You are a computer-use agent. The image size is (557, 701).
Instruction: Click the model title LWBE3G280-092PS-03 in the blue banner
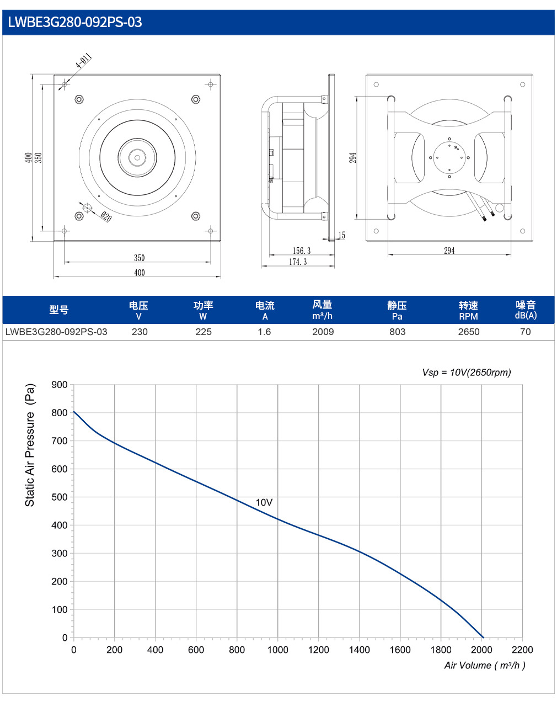(x=75, y=22)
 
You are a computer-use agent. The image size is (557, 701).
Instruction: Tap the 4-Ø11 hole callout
(x=84, y=60)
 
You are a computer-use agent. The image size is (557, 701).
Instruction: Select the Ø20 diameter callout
(x=106, y=216)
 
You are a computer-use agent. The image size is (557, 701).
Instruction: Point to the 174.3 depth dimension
(x=298, y=262)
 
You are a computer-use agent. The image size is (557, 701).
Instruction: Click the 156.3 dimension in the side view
(x=302, y=251)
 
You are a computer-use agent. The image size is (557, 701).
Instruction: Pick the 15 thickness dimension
(x=341, y=235)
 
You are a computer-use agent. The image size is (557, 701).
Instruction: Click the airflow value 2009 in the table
(x=323, y=332)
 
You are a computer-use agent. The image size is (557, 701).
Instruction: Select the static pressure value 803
(x=397, y=332)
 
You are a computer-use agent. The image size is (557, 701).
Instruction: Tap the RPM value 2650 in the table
(x=468, y=332)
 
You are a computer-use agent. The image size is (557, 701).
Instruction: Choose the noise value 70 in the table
(x=526, y=332)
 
